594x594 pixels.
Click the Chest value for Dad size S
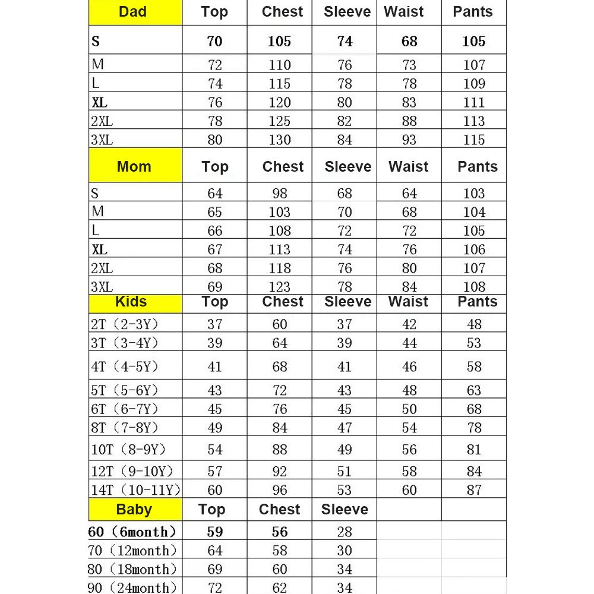pyautogui.click(x=279, y=42)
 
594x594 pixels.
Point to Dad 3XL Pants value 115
pyautogui.click(x=474, y=140)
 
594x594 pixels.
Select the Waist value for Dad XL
pyautogui.click(x=409, y=102)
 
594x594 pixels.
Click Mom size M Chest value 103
pyautogui.click(x=279, y=212)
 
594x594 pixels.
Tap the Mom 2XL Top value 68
pyautogui.click(x=215, y=268)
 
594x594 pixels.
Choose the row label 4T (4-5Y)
pyautogui.click(x=125, y=366)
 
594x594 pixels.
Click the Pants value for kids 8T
pyautogui.click(x=474, y=428)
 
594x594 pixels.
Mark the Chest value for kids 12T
pyautogui.click(x=279, y=472)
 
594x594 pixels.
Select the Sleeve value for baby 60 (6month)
pyautogui.click(x=345, y=532)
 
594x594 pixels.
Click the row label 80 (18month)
pyautogui.click(x=132, y=569)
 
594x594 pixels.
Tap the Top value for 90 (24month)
pyautogui.click(x=215, y=587)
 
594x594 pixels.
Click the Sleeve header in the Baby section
pyautogui.click(x=345, y=510)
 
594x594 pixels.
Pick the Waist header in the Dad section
pyautogui.click(x=404, y=12)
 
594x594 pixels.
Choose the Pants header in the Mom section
pyautogui.click(x=478, y=167)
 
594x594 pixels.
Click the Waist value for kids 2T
pyautogui.click(x=409, y=324)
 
